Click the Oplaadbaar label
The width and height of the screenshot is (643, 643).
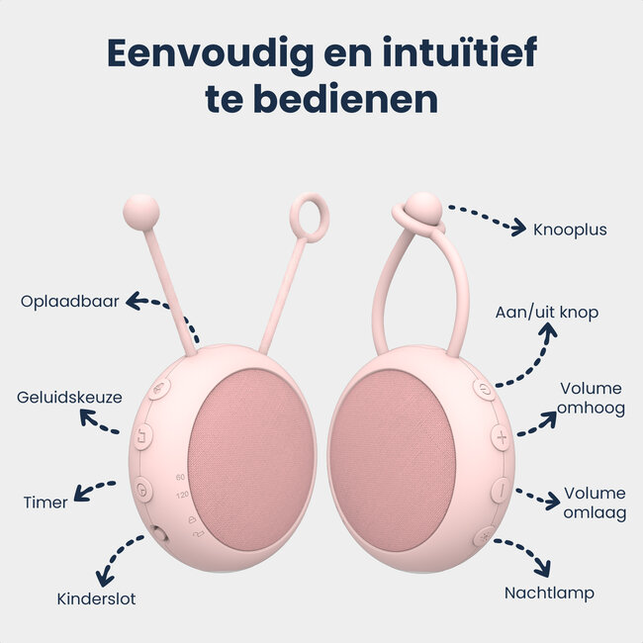click(x=69, y=301)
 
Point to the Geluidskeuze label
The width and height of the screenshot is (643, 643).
click(x=69, y=398)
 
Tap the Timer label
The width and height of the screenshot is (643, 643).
click(x=46, y=503)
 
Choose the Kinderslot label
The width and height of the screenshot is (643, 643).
click(x=96, y=598)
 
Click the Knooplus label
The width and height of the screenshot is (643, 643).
click(x=570, y=230)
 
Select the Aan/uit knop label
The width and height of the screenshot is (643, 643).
click(x=547, y=313)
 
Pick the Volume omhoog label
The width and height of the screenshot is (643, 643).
click(x=592, y=398)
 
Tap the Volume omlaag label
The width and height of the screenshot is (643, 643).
click(x=595, y=503)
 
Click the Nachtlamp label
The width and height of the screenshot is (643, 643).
click(x=549, y=594)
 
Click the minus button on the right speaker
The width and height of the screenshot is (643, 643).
click(x=502, y=488)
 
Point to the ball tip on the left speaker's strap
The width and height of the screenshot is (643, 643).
click(x=140, y=211)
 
